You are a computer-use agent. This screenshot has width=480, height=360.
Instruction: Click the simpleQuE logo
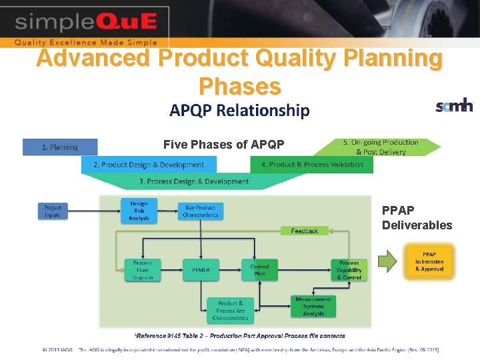tap(85, 23)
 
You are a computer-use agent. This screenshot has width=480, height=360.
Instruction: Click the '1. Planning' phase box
tap(60, 147)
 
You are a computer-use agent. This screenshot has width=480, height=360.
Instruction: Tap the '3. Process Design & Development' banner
tap(194, 181)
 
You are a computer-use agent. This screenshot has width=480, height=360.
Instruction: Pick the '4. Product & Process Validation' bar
tap(312, 165)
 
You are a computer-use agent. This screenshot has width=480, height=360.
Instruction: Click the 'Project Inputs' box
tap(53, 211)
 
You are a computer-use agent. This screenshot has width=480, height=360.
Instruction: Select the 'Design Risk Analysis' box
tap(139, 211)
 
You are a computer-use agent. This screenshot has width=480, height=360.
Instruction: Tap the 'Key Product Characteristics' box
tap(201, 211)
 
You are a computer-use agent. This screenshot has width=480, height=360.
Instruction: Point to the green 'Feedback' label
tap(305, 231)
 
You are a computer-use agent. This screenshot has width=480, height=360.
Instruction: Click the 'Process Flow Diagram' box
tap(143, 270)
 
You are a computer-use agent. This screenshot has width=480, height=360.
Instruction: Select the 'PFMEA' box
tap(201, 270)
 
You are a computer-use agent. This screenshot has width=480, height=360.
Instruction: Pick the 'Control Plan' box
tap(259, 270)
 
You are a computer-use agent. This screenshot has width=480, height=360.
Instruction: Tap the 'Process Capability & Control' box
tap(349, 270)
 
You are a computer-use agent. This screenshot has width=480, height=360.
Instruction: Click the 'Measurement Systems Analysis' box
tap(313, 307)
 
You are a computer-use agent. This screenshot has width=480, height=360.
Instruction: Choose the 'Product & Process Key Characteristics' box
tap(231, 311)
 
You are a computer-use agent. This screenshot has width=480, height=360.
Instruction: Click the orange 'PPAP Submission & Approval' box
tap(429, 261)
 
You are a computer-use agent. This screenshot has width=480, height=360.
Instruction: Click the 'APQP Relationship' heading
tap(239, 110)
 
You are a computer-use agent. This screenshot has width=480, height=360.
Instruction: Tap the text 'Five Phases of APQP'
tap(224, 145)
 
